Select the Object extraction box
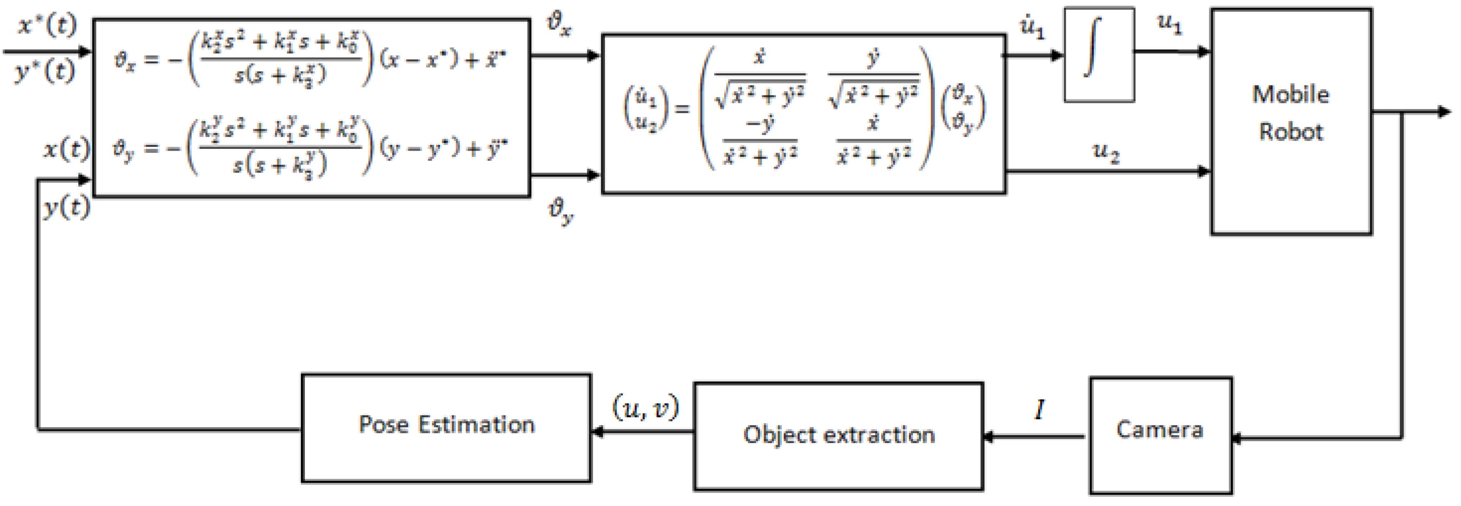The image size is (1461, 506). (838, 436)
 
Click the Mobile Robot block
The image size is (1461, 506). (1291, 121)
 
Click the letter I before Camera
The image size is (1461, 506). (1040, 409)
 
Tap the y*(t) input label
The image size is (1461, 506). (45, 72)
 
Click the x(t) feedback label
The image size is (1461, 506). (67, 150)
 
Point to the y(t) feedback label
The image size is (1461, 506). (67, 208)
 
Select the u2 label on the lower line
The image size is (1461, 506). (1106, 152)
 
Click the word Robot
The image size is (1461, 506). (1291, 132)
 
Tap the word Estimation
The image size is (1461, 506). (476, 424)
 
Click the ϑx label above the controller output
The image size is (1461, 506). (559, 24)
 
